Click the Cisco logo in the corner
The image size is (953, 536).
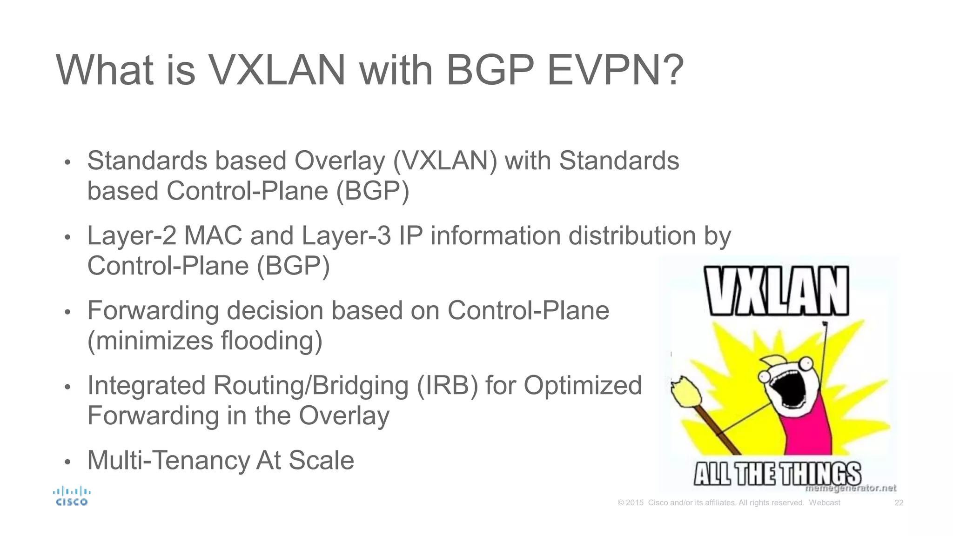pyautogui.click(x=72, y=496)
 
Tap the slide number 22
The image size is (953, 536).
pyautogui.click(x=899, y=502)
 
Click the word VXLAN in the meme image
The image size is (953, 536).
pyautogui.click(x=776, y=291)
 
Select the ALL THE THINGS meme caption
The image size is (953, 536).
pyautogui.click(x=777, y=474)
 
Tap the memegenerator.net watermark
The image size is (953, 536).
pyautogui.click(x=851, y=488)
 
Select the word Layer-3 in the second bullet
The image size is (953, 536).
pyautogui.click(x=346, y=236)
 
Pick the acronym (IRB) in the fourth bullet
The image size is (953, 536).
pyautogui.click(x=447, y=386)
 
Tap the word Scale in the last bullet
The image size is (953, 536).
pyautogui.click(x=321, y=461)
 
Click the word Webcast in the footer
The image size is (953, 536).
pyautogui.click(x=824, y=502)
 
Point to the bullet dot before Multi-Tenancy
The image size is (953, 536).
pyautogui.click(x=67, y=462)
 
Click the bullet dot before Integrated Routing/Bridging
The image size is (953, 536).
pyautogui.click(x=67, y=387)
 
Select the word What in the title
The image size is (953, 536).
pyautogui.click(x=105, y=71)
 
